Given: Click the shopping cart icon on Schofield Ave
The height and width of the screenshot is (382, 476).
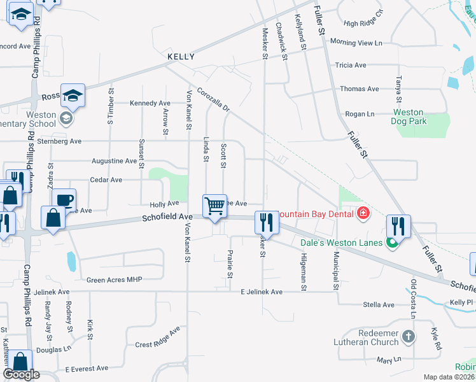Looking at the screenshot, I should tap(215, 206).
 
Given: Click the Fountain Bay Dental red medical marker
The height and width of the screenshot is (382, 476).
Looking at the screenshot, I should tap(363, 213).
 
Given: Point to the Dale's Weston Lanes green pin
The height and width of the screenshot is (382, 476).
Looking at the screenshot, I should tap(393, 242).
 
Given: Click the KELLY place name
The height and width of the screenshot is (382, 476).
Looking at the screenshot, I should tap(180, 57).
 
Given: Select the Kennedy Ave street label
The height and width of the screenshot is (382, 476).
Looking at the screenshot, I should tap(150, 103).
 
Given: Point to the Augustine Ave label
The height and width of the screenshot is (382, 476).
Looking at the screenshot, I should tap(115, 161).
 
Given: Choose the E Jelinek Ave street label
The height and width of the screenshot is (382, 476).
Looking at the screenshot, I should tap(261, 292).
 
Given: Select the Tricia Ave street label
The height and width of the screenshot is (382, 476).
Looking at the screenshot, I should tap(351, 65).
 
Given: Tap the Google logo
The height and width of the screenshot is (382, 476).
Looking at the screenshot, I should tap(22, 374).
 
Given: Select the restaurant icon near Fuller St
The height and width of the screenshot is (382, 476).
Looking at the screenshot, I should tap(398, 226).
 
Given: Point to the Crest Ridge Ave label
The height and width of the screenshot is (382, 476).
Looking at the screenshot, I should tap(158, 343).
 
